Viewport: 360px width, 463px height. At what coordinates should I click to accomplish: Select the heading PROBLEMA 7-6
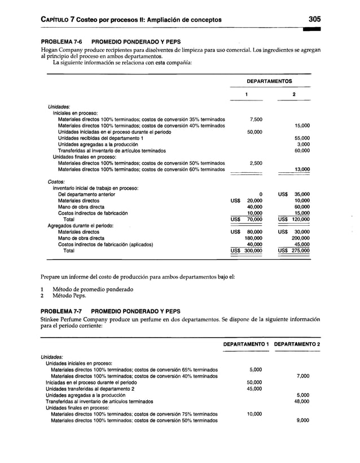point(60,42)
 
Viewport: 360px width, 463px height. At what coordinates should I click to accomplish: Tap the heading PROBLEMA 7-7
point(60,311)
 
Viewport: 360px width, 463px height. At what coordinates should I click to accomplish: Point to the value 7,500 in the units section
point(254,120)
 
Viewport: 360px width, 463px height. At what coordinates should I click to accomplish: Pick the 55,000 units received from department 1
point(302,138)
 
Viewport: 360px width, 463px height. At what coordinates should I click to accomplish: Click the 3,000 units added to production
point(304,144)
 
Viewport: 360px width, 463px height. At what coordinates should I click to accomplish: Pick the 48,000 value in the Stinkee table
point(302,401)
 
